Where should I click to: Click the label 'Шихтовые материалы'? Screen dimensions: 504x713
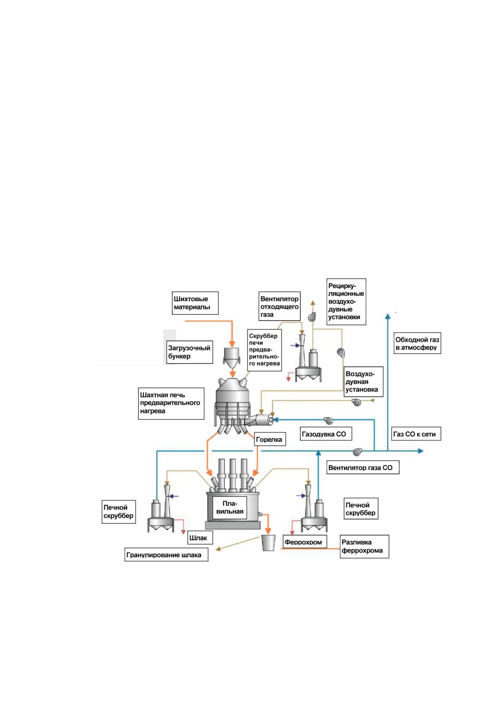[196, 303]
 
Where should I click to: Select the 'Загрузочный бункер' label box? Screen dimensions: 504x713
[190, 352]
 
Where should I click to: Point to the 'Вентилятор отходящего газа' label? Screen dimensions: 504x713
[280, 307]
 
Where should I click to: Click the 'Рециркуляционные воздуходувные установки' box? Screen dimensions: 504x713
[346, 302]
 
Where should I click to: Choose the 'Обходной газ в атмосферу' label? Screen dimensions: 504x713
[417, 343]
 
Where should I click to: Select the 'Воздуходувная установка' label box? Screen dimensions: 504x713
[363, 381]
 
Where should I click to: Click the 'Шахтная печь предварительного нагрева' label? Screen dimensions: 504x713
[171, 403]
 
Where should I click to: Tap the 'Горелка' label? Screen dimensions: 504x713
[269, 439]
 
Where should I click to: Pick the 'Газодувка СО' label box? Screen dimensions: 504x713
[326, 434]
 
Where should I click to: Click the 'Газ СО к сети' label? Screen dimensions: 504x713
[416, 434]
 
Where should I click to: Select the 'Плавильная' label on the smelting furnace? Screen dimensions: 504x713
[230, 508]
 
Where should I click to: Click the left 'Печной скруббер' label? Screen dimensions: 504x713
[119, 511]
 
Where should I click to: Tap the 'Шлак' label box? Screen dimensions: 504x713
[200, 538]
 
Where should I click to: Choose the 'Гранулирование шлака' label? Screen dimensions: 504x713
[166, 555]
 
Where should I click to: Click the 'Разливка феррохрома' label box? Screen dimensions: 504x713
[365, 546]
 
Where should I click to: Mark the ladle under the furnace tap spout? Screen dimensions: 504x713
[268, 543]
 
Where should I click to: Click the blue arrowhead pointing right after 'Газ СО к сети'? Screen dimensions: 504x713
[420, 451]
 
